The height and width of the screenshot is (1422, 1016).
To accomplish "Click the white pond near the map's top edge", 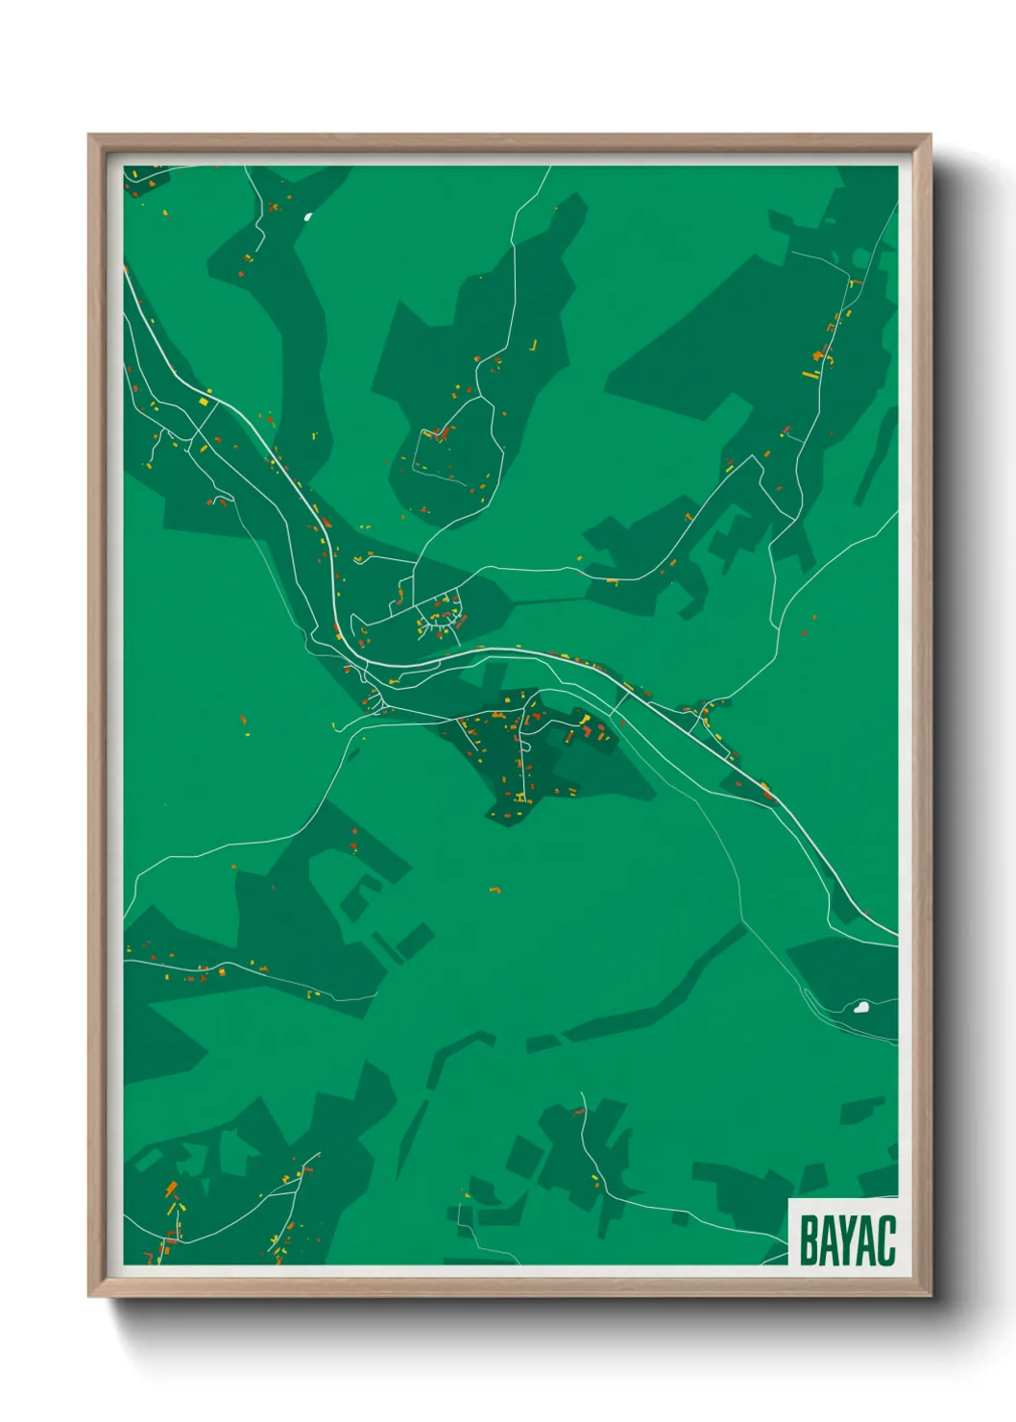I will click(308, 216).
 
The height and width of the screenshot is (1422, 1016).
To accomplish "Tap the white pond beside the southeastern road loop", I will click(861, 1008).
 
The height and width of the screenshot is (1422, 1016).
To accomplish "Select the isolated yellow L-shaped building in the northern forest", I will click(533, 346).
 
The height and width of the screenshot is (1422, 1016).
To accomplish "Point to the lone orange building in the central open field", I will click(496, 891).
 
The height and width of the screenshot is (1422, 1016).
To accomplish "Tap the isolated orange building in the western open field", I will click(243, 720).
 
